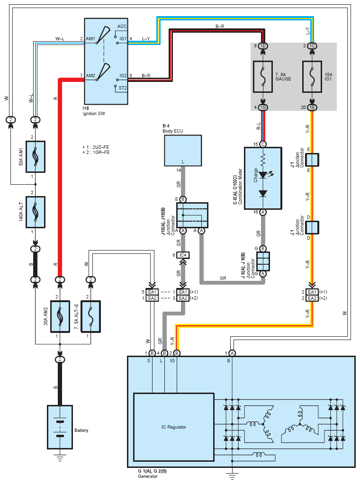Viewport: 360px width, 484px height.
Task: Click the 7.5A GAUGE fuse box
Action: pyautogui.click(x=263, y=77)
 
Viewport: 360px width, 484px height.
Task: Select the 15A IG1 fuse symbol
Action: pyautogui.click(x=312, y=77)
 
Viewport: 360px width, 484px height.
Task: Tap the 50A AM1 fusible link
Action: pyautogui.click(x=36, y=156)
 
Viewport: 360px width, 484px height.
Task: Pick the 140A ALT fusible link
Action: pyautogui.click(x=36, y=212)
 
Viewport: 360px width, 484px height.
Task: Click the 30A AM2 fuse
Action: pyautogui.click(x=60, y=317)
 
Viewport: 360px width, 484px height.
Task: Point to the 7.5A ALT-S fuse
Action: pyautogui.click(x=90, y=317)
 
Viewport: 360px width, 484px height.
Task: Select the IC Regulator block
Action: pyautogui.click(x=173, y=427)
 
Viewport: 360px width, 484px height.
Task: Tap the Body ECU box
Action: pyautogui.click(x=183, y=150)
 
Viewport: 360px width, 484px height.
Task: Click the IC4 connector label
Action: pyautogui.click(x=183, y=255)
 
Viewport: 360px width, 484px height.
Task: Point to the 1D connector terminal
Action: pyautogui.click(x=263, y=46)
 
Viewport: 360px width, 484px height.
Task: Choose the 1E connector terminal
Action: pyautogui.click(x=312, y=107)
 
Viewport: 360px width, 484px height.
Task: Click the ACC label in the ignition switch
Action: pyautogui.click(x=122, y=27)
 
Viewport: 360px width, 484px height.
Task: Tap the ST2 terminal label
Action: pyautogui.click(x=123, y=88)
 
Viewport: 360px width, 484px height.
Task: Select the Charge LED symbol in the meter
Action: pyautogui.click(x=263, y=175)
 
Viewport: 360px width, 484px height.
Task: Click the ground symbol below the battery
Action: pyautogui.click(x=60, y=457)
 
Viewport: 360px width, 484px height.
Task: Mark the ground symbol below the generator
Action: pyautogui.click(x=232, y=475)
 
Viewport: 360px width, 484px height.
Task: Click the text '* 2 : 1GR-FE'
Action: pyautogui.click(x=96, y=152)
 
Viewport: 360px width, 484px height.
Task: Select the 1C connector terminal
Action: pyautogui.click(x=312, y=46)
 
